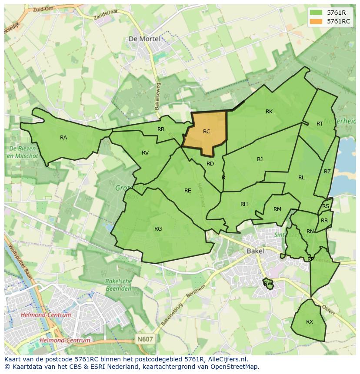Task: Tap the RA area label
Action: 63,138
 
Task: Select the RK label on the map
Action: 269,112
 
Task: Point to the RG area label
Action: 158,229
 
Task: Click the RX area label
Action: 310,322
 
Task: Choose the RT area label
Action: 320,124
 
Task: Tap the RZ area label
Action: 327,172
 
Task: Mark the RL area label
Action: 301,178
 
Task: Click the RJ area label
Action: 260,159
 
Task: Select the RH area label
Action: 244,204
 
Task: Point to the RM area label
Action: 277,209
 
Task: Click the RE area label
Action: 187,191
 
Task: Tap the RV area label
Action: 145,153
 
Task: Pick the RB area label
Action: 161,129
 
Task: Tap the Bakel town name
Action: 255,251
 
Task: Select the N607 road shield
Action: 144,339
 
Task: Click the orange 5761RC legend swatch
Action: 316,21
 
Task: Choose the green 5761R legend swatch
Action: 316,13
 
